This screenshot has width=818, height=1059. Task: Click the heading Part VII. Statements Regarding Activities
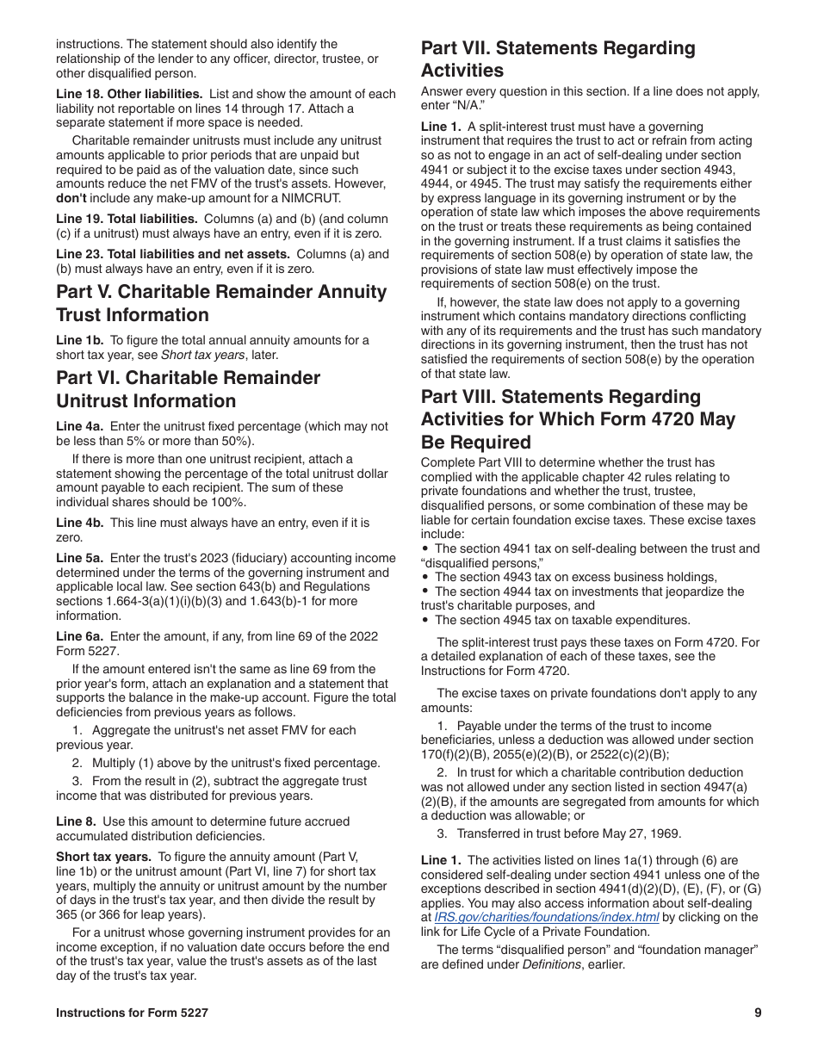click(558, 59)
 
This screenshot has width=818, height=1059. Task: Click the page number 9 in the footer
click(758, 1013)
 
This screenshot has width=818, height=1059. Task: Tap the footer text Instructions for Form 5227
click(132, 1013)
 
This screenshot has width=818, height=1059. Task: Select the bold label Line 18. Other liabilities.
click(129, 95)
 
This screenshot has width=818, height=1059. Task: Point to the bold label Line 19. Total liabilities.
click(127, 219)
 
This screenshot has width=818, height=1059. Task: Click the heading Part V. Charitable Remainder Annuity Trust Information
click(221, 303)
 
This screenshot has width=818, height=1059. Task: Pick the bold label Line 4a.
click(79, 426)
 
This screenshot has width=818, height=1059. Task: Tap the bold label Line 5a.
click(79, 558)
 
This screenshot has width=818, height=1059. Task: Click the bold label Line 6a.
click(79, 636)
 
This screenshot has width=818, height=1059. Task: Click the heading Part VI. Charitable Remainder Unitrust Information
click(188, 389)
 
